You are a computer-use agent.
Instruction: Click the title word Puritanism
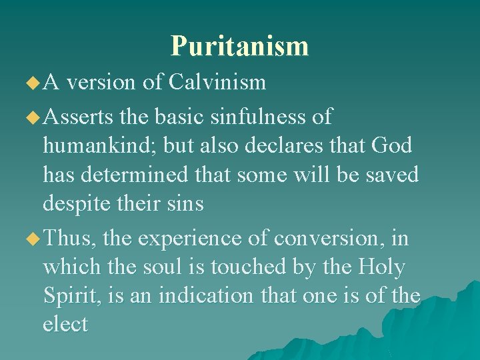[x=239, y=46]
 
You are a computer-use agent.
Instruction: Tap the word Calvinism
[x=217, y=82]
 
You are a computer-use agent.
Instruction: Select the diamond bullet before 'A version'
[x=32, y=83]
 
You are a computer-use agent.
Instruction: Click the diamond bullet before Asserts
[x=32, y=118]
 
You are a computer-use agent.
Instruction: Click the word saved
[x=391, y=175]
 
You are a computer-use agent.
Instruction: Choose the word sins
[x=181, y=203]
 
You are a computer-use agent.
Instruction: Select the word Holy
[x=381, y=267]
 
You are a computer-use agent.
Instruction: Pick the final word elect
[x=65, y=325]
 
